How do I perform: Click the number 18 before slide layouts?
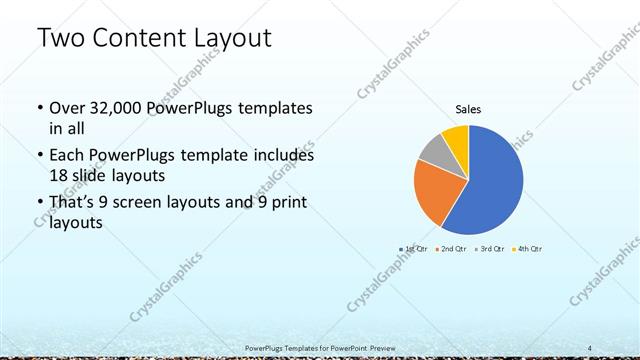[58, 174]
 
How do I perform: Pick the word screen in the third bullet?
[152, 205]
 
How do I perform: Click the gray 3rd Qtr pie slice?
[434, 149]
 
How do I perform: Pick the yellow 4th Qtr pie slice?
[456, 135]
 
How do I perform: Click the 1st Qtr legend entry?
[413, 248]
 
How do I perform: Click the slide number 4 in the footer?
[590, 347]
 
